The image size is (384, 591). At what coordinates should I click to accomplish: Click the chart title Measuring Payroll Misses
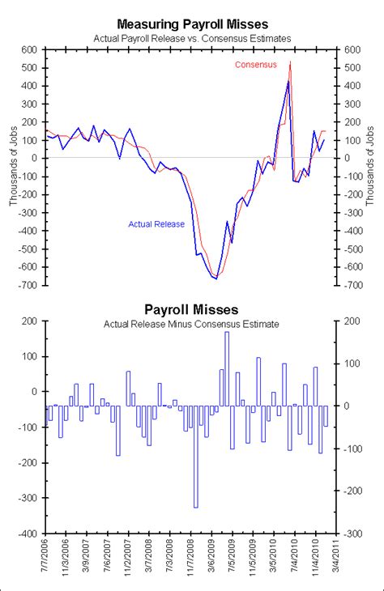click(191, 25)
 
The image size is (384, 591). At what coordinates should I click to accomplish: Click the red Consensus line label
click(255, 65)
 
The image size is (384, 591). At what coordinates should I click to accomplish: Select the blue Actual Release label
click(156, 224)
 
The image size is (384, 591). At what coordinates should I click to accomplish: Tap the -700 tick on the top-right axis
click(354, 286)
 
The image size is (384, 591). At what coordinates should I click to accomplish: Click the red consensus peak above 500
click(290, 62)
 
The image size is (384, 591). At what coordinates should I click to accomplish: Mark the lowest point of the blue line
click(215, 278)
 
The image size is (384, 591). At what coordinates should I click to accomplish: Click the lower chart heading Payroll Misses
click(191, 309)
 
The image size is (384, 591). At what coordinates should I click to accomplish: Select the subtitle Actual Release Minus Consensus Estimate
click(191, 324)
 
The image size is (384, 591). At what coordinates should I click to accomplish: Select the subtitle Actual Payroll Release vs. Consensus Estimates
click(191, 38)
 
